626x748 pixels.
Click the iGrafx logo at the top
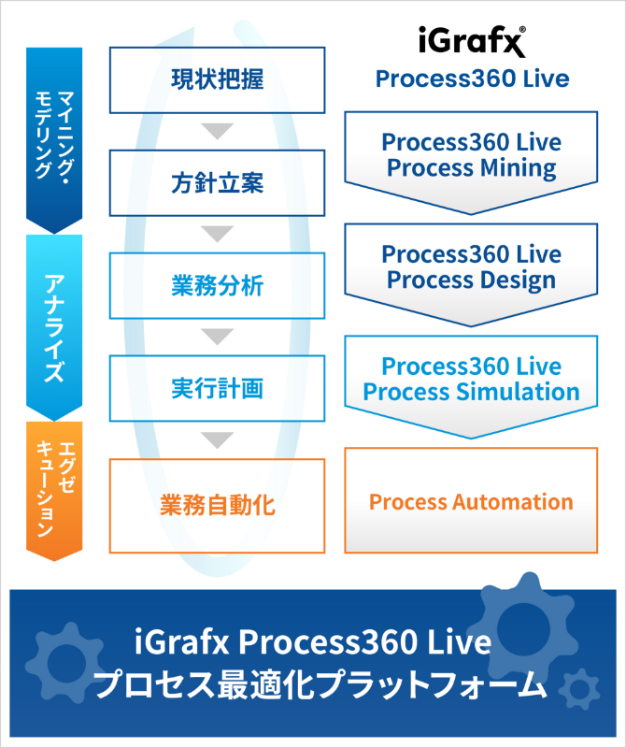click(x=471, y=42)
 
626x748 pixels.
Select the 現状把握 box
click(x=218, y=79)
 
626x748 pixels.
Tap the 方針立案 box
click(x=218, y=183)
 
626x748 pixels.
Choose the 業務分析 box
click(x=218, y=285)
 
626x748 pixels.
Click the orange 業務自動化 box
click(x=218, y=506)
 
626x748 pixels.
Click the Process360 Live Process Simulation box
click(x=471, y=379)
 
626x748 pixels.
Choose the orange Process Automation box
click(x=471, y=501)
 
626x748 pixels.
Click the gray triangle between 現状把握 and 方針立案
click(x=218, y=131)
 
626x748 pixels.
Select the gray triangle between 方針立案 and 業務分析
click(x=218, y=234)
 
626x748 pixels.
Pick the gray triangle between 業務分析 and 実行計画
click(x=218, y=336)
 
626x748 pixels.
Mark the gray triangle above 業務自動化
click(x=218, y=439)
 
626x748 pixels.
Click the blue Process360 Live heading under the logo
click(x=471, y=79)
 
